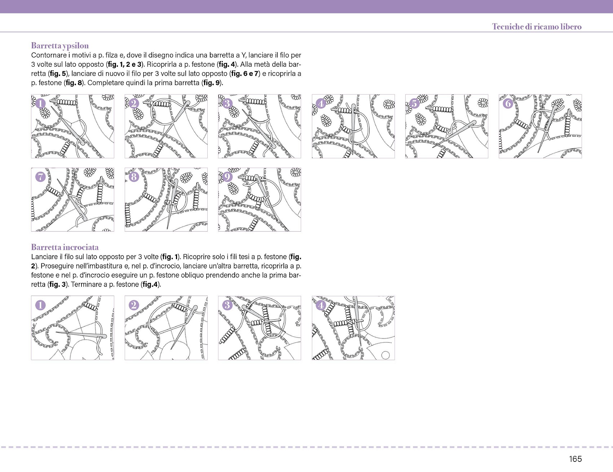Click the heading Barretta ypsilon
click(60, 46)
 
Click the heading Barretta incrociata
click(65, 247)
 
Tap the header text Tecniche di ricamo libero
click(537, 27)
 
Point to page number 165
click(575, 459)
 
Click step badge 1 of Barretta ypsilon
click(40, 104)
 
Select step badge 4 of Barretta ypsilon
click(321, 104)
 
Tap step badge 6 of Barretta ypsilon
click(508, 104)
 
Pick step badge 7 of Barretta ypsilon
click(40, 177)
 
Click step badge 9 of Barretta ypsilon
click(227, 177)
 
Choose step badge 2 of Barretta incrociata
click(134, 305)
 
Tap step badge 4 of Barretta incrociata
click(321, 305)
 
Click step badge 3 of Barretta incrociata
click(227, 305)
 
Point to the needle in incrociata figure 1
click(81, 335)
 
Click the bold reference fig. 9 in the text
click(212, 83)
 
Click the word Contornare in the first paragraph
click(49, 55)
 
